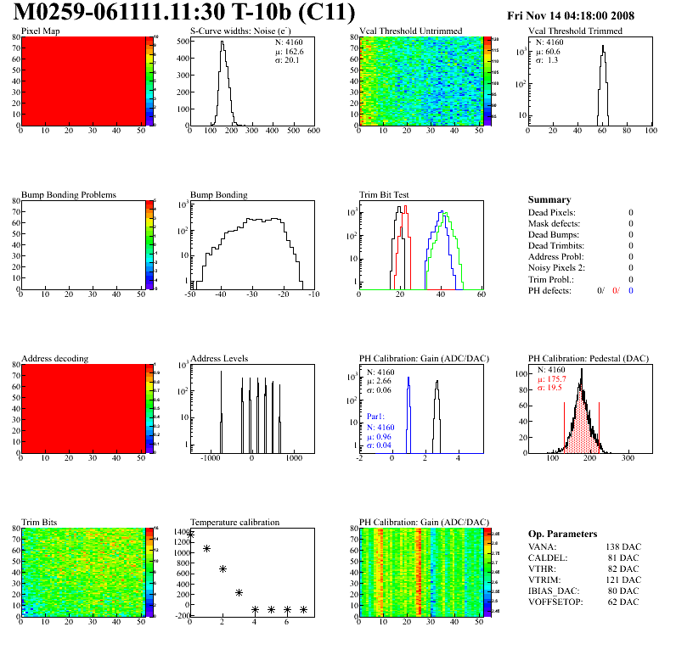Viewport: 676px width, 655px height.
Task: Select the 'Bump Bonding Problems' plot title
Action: point(69,194)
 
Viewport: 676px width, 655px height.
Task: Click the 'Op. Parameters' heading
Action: point(562,534)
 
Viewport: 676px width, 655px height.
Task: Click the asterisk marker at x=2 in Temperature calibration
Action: point(223,568)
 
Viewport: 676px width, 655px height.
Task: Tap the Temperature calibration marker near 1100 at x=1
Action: point(206,549)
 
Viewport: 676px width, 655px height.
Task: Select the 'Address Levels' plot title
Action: point(219,358)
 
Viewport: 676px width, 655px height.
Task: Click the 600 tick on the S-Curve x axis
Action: point(313,132)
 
